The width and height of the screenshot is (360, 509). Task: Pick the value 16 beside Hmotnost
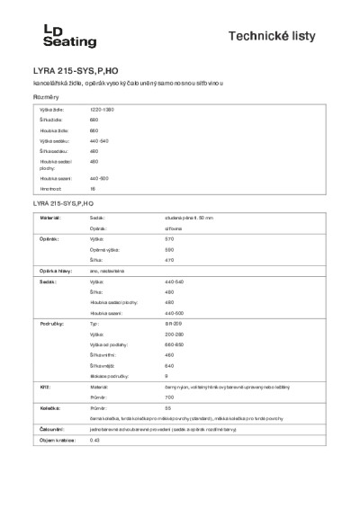point(93,189)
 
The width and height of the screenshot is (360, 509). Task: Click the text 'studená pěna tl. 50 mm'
point(190,218)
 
